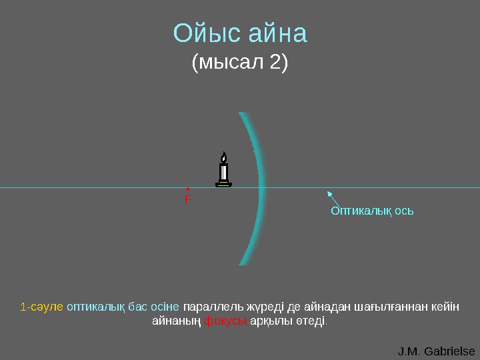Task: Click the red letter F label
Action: point(187,199)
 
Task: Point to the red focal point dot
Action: point(188,189)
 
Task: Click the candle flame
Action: point(224,157)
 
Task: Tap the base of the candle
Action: point(224,184)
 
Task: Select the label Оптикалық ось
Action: point(373,211)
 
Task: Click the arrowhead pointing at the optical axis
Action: point(328,193)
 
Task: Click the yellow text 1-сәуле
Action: point(42,307)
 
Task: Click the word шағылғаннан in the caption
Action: point(394,307)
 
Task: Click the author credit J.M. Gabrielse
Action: point(436,351)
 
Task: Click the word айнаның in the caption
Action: point(177,321)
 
